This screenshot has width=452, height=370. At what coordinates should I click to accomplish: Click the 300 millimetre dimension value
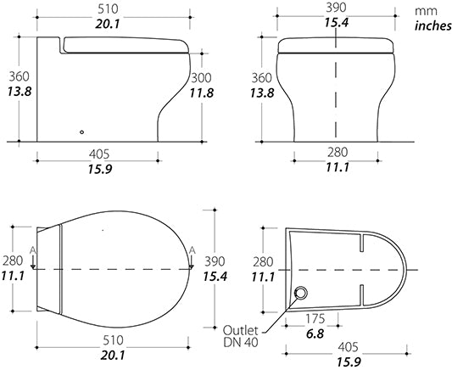tap(201, 78)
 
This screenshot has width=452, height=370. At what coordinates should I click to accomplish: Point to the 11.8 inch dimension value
tap(201, 92)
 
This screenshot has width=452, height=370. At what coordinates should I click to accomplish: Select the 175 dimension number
tap(315, 319)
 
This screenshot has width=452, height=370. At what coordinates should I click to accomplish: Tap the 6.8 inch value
tap(315, 334)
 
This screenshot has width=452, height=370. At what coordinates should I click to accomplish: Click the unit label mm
tap(426, 11)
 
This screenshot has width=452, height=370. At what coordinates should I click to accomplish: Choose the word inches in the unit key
tap(432, 25)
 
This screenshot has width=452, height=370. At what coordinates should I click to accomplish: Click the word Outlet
tap(240, 330)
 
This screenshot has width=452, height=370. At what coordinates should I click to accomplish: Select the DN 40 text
tap(240, 342)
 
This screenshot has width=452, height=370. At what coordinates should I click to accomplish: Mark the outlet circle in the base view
tap(301, 294)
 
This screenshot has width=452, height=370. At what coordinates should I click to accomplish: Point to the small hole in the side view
tap(82, 132)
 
